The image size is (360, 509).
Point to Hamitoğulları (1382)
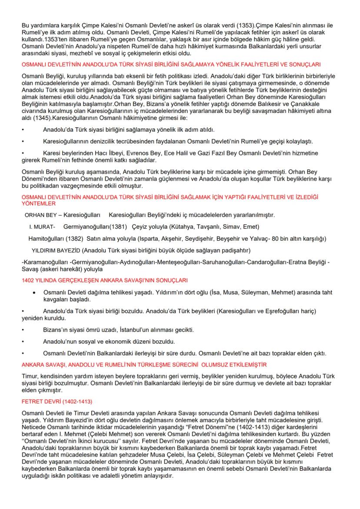(x=56, y=239)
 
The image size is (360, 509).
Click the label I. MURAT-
(x=42, y=227)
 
